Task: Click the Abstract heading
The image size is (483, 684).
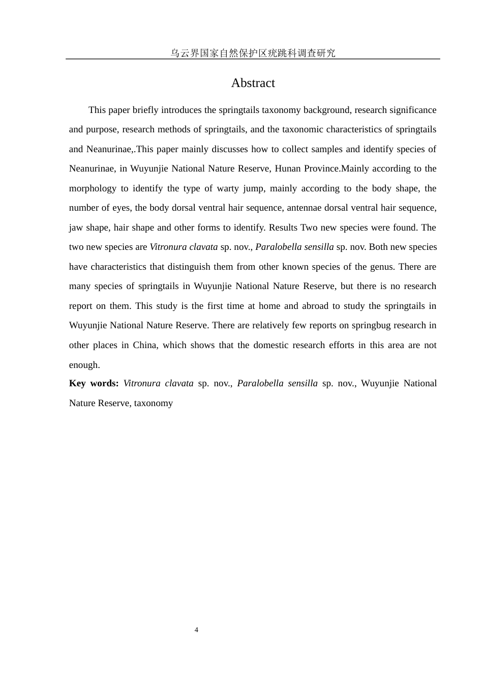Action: (253, 83)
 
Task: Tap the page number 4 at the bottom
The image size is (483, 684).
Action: (196, 630)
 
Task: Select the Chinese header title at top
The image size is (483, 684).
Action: (253, 53)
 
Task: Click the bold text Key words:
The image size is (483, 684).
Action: (94, 383)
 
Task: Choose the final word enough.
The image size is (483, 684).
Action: (84, 365)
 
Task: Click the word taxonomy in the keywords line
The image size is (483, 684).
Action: (154, 403)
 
